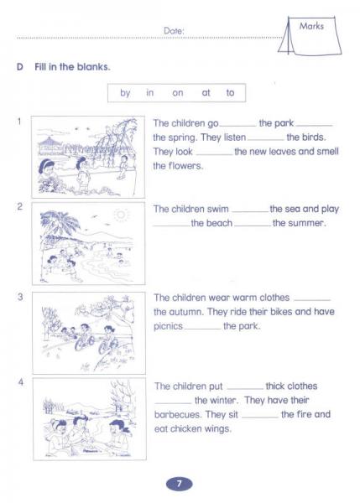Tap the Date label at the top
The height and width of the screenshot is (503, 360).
(174, 31)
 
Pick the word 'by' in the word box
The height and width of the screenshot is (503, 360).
(125, 93)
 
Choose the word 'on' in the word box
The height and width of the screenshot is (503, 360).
(178, 93)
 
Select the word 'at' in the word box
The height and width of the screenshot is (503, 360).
(206, 93)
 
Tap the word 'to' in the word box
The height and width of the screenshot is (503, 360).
(230, 93)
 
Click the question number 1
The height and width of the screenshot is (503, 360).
(18, 121)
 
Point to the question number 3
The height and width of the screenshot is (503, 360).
(18, 297)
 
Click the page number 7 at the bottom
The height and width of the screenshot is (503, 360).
(180, 484)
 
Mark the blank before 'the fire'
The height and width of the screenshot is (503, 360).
(260, 415)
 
